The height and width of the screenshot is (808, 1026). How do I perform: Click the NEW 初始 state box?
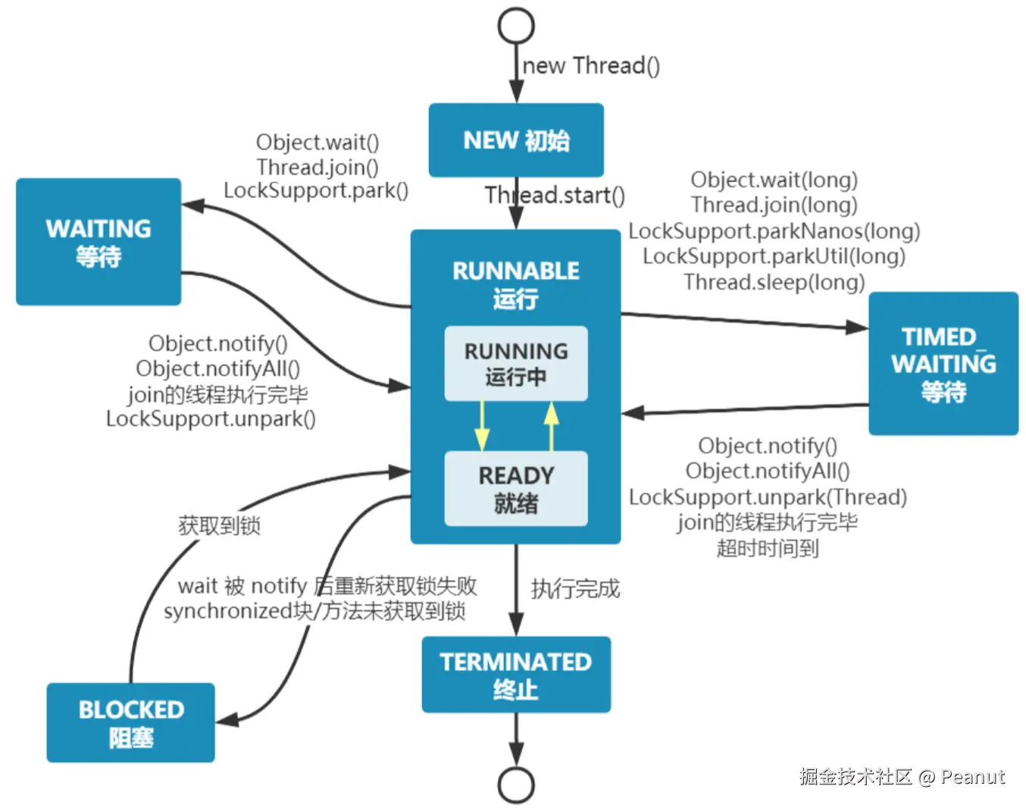point(516,140)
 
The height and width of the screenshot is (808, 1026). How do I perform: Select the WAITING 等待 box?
point(99,242)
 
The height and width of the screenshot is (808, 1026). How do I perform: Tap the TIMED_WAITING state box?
point(943,364)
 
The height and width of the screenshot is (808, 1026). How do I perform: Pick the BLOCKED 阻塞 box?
point(130,722)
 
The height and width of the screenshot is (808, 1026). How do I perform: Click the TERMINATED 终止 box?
point(516,675)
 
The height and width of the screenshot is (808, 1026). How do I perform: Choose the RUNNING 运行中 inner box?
point(516,364)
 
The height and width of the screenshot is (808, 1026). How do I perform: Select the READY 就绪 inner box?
point(516,488)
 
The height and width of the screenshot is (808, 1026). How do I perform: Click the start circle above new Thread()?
point(516,26)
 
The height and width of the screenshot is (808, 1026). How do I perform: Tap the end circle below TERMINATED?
point(516,785)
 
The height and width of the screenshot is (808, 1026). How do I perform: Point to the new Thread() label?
point(591,66)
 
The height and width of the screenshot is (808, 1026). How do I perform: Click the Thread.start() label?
point(555,195)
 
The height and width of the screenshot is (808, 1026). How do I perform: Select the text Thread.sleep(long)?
point(774,282)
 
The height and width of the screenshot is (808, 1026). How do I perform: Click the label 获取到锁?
point(219,525)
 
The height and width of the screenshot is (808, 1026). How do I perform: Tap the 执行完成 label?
point(575,589)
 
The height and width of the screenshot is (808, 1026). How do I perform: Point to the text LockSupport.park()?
point(316,190)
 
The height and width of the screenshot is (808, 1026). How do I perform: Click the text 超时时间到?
point(768,548)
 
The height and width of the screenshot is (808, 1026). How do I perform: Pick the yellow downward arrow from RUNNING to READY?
point(482,425)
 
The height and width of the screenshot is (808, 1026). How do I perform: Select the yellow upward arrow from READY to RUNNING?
point(551,426)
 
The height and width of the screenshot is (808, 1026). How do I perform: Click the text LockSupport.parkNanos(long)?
point(774,231)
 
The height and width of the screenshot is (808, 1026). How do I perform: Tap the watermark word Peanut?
point(973,777)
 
